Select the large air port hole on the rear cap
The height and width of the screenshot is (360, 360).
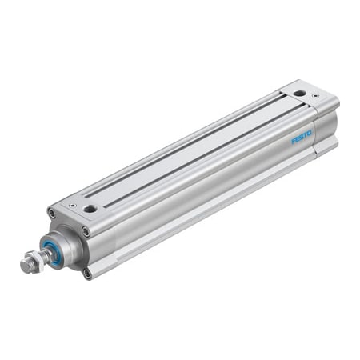coord(298,94)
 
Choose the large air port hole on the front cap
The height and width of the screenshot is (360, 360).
coord(90,210)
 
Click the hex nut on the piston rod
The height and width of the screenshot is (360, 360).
coord(32,260)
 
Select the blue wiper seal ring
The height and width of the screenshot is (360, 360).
coord(54,253)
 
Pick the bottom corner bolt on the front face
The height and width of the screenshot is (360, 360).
coord(86,273)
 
